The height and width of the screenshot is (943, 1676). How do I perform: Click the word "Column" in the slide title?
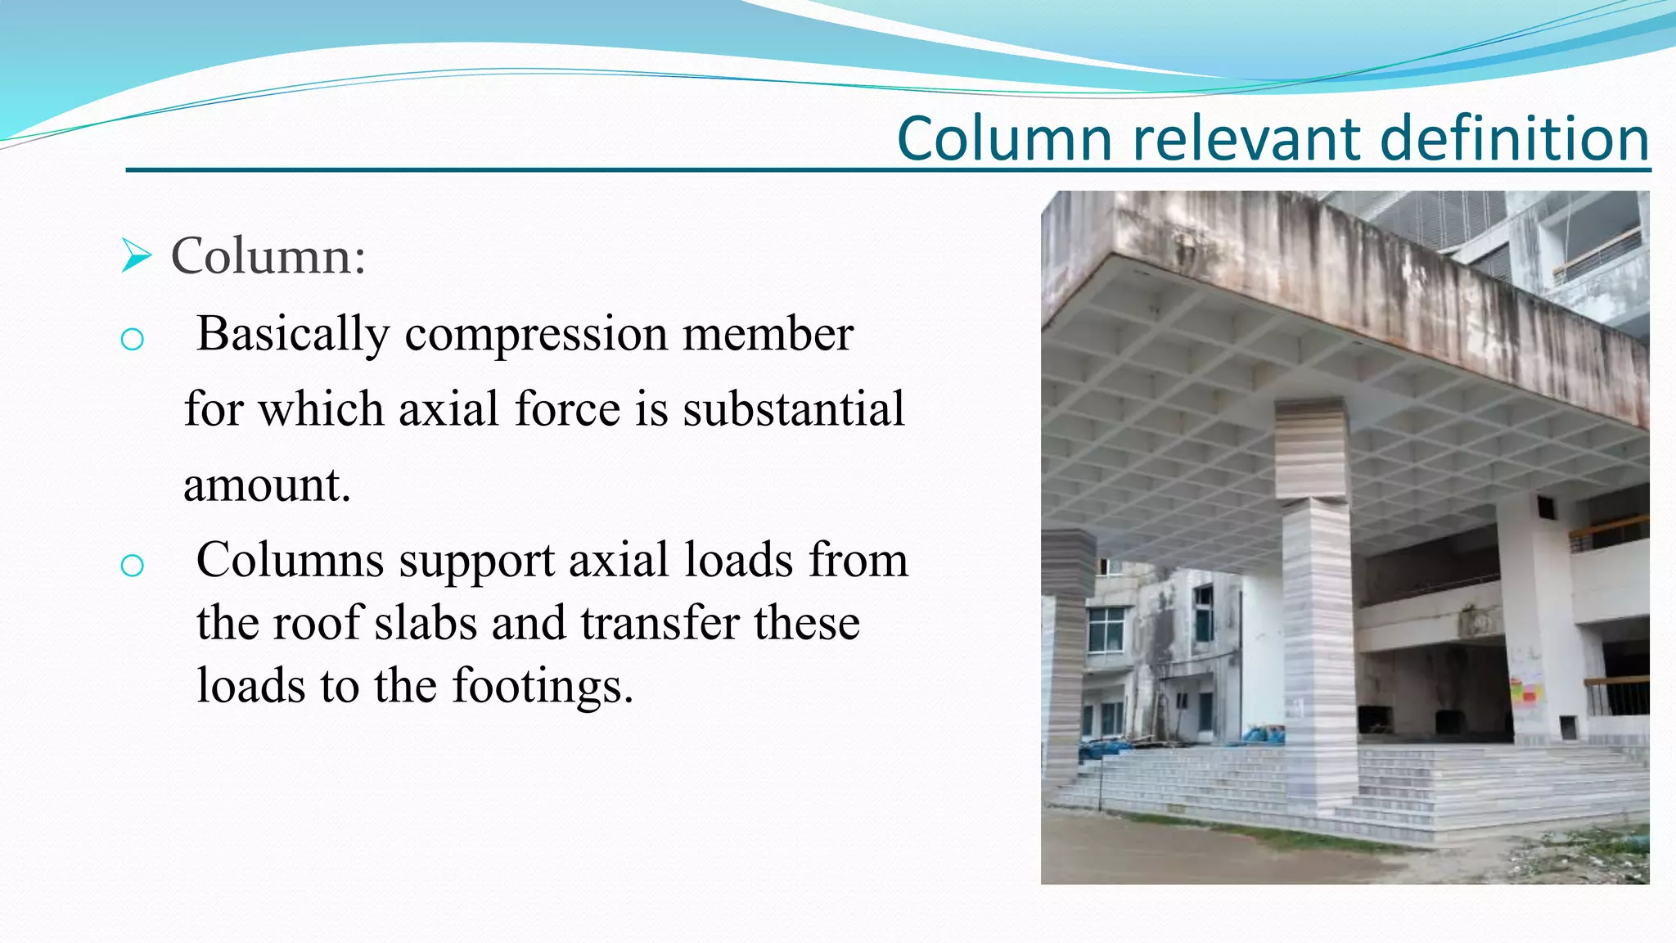coord(1004,138)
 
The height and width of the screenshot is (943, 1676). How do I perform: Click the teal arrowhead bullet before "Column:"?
coord(136,255)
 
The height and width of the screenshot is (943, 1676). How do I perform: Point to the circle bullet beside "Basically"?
coord(132,339)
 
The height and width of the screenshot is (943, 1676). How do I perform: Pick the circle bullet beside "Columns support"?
coord(132,565)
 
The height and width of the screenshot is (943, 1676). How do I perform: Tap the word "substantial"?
coord(794,409)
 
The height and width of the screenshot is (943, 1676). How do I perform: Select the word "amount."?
coord(267,485)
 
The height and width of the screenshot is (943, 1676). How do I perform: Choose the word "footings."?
coord(543,685)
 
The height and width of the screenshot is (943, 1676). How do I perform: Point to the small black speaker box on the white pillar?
coord(1546,508)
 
